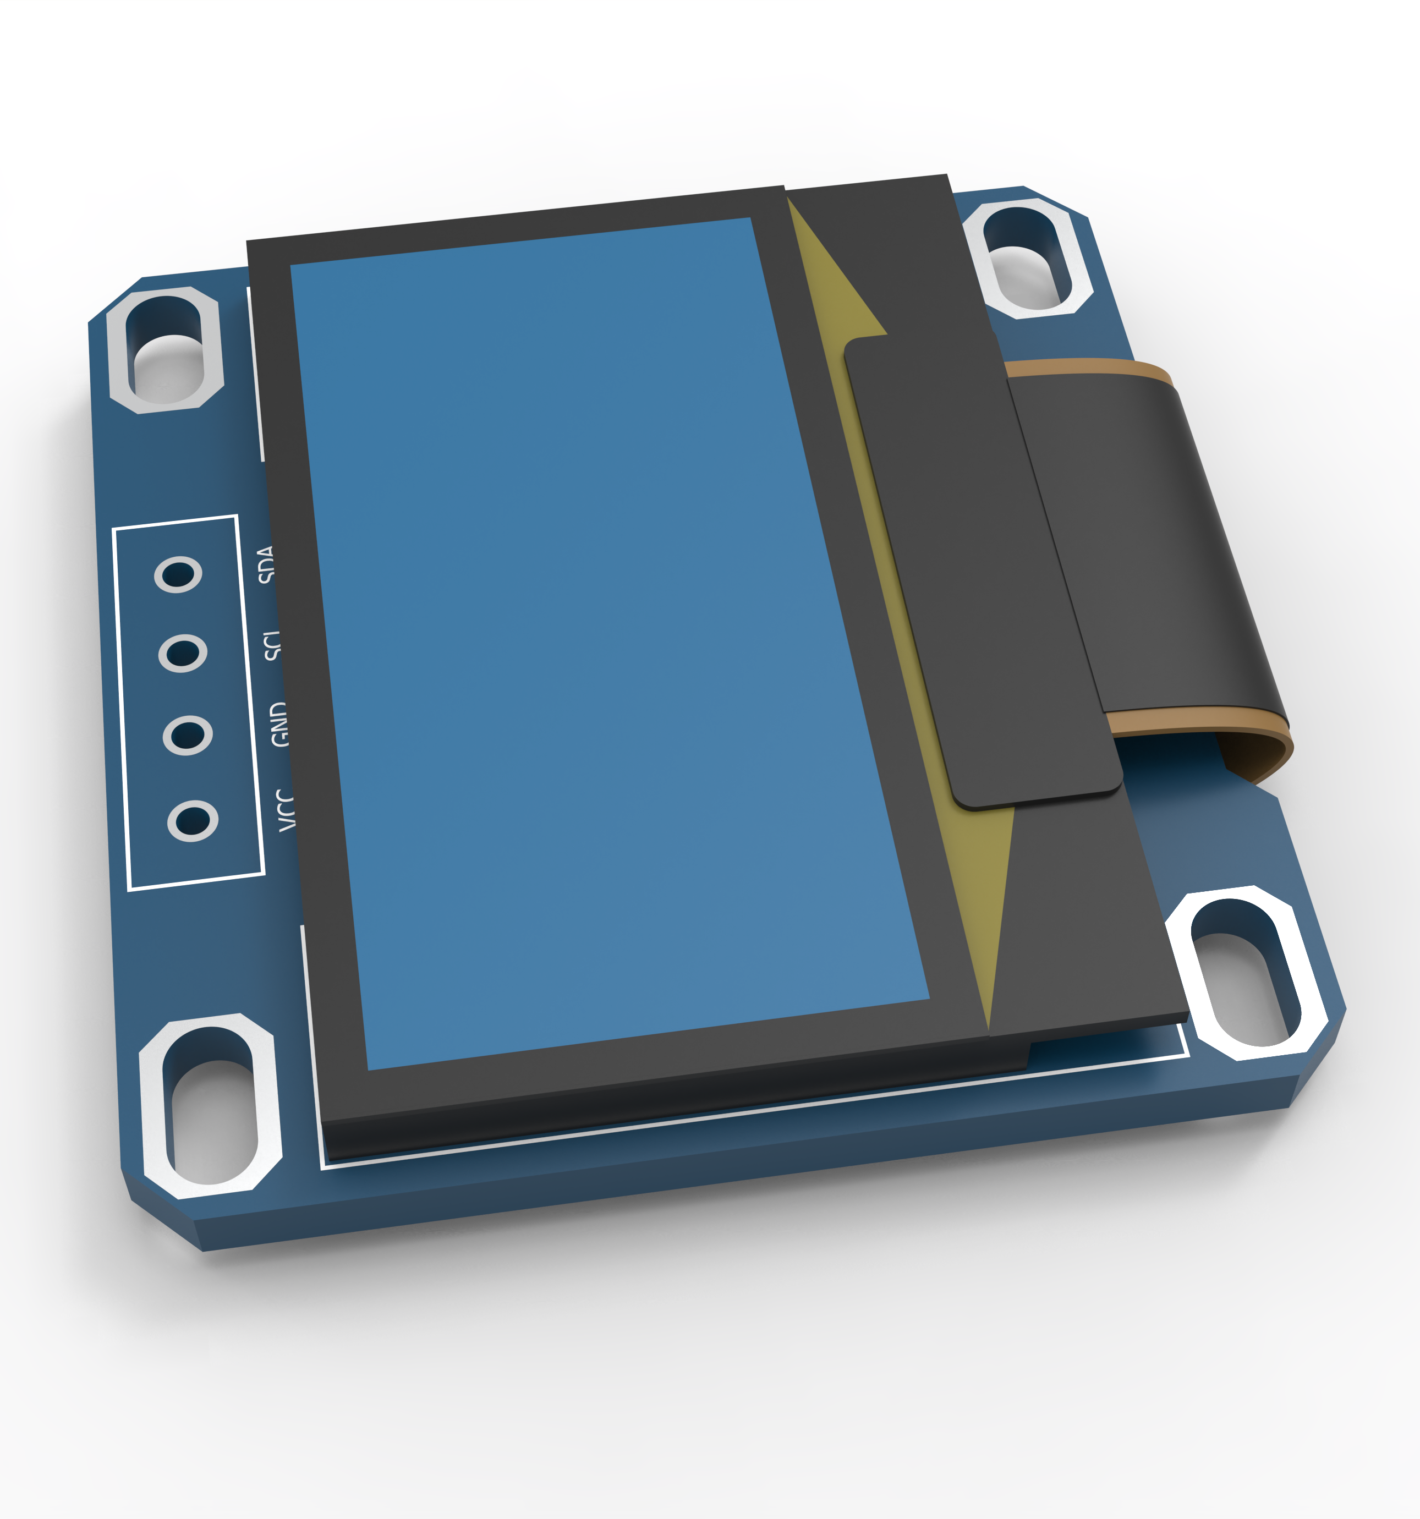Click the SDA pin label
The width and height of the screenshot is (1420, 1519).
pyautogui.click(x=266, y=564)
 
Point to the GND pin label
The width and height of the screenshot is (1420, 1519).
pyautogui.click(x=279, y=725)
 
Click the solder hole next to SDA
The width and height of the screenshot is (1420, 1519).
pyautogui.click(x=178, y=574)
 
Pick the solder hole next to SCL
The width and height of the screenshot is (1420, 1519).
pyautogui.click(x=183, y=653)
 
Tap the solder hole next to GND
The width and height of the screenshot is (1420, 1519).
pyautogui.click(x=187, y=735)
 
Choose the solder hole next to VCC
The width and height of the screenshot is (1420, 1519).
pyautogui.click(x=193, y=821)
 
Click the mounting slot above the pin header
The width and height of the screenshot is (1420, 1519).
pyautogui.click(x=165, y=350)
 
